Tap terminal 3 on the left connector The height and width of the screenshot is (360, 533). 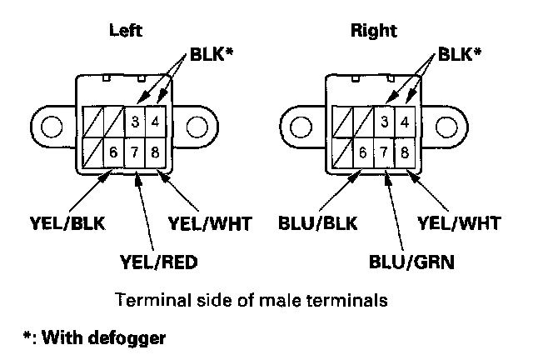coord(134,123)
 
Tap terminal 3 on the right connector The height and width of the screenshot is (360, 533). coord(383,123)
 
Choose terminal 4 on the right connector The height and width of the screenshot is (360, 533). coord(404,123)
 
